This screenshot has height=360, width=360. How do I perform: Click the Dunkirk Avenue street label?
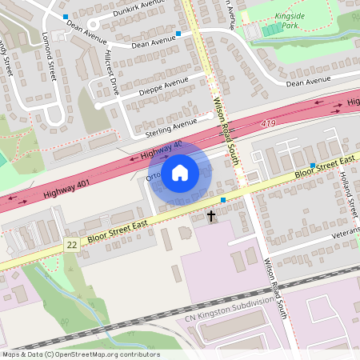pyautogui.click(x=140, y=3)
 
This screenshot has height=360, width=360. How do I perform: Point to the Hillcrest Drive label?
pyautogui.click(x=111, y=74)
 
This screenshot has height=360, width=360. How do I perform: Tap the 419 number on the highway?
pyautogui.click(x=269, y=124)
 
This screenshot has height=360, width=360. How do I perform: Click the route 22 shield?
pyautogui.click(x=72, y=243)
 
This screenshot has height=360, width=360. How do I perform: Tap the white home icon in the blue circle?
pyautogui.click(x=180, y=172)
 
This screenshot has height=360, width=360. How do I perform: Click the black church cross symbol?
pyautogui.click(x=211, y=216)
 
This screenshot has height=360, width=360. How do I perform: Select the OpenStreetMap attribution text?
pyautogui.click(x=80, y=354)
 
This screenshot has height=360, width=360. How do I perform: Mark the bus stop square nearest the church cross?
pyautogui.click(x=223, y=199)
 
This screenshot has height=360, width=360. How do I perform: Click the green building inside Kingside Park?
pyautogui.click(x=272, y=30)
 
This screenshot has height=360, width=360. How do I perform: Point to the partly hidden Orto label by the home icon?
pyautogui.click(x=154, y=177)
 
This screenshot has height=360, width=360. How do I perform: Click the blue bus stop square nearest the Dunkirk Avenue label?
pyautogui.click(x=65, y=16)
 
